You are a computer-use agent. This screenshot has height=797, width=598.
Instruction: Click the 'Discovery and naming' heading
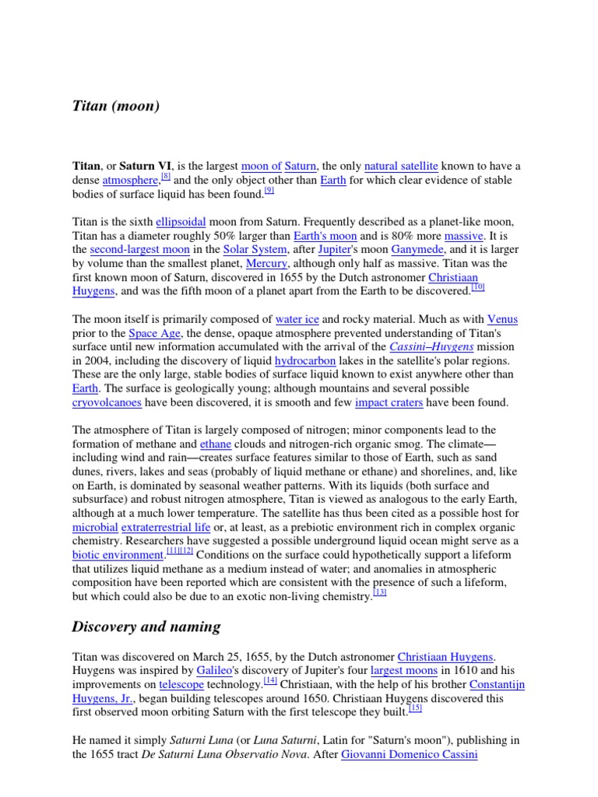146,627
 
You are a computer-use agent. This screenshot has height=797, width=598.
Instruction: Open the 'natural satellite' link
401,166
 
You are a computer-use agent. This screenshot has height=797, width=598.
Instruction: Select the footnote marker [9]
269,191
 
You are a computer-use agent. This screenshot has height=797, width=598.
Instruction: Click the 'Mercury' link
266,264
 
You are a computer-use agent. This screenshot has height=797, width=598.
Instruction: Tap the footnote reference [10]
478,287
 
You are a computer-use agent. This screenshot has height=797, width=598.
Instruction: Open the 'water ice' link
297,319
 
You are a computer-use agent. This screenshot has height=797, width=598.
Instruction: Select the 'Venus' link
502,319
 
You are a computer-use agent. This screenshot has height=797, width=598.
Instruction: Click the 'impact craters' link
389,402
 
